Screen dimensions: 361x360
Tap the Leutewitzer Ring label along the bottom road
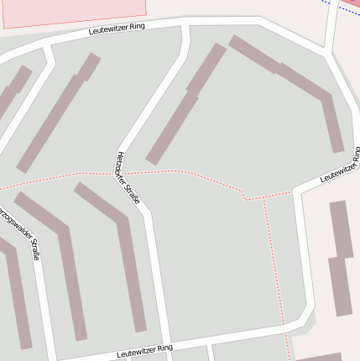pyautogui.click(x=145, y=350)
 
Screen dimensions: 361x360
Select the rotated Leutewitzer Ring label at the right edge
pyautogui.click(x=340, y=166)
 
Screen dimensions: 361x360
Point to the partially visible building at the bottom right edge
pyautogui.click(x=323, y=357)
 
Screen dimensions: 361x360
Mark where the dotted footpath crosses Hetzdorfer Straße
pyautogui.click(x=124, y=173)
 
